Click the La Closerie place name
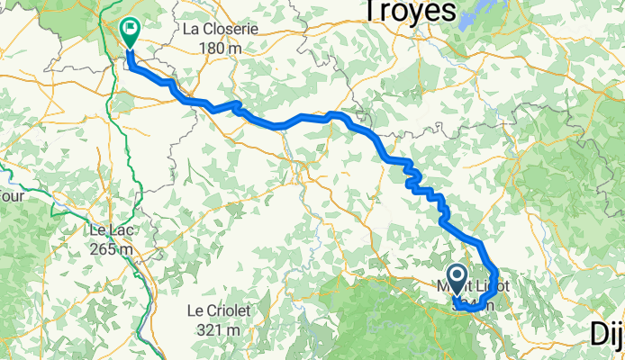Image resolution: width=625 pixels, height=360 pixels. [x=221, y=29]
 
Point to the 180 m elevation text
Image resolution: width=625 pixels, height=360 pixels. [x=221, y=47]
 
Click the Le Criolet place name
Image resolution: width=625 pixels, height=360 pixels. [x=218, y=310]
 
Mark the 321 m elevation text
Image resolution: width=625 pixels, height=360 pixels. [x=218, y=328]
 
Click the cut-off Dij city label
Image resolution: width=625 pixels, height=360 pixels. [x=607, y=335]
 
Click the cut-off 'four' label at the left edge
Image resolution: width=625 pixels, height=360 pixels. [x=10, y=195]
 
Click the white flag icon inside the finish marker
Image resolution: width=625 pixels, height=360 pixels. [x=131, y=29]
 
